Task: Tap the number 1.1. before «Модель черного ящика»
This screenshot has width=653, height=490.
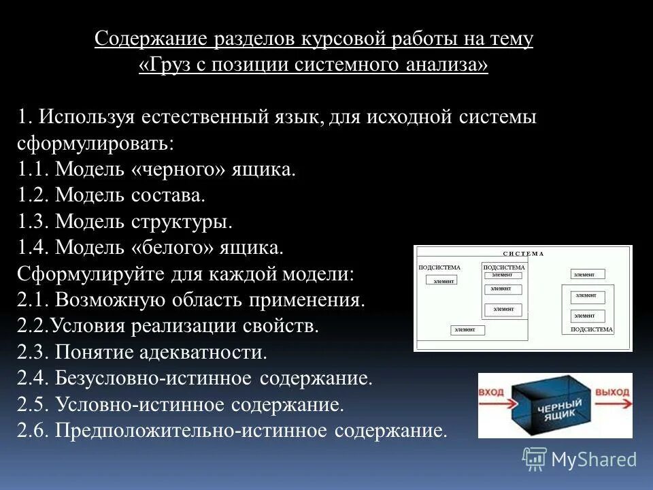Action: [x=34, y=169]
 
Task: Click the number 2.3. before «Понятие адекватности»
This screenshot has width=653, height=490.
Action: [x=34, y=353]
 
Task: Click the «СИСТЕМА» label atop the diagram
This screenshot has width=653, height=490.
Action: [x=523, y=253]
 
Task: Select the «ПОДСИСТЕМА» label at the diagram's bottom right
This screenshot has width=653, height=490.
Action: [x=591, y=329]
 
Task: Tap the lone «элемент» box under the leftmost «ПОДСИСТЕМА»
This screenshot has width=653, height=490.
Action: [x=441, y=280]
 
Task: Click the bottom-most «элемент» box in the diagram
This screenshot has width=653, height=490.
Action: [x=467, y=330]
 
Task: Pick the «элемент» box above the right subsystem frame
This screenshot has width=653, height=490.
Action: [x=583, y=274]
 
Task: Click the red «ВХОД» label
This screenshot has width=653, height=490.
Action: [x=492, y=393]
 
